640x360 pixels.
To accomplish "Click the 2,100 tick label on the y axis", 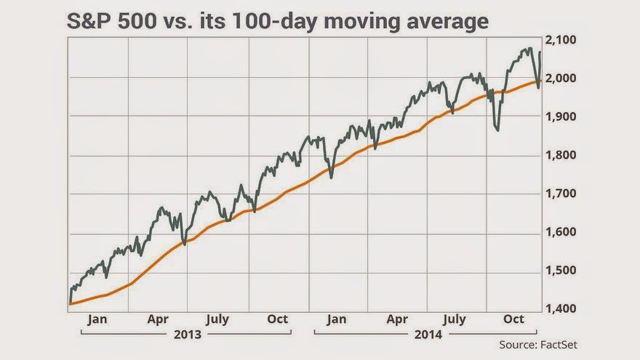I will coord(563,40).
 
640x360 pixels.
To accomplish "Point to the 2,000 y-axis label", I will coord(563,79).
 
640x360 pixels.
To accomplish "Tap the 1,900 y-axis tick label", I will coord(563,117).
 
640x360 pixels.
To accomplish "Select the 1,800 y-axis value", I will coord(563,156).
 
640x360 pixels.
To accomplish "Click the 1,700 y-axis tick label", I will coord(563,194).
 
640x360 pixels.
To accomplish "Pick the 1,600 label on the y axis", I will coord(563,233).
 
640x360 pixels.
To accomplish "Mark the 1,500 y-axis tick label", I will coord(563,271).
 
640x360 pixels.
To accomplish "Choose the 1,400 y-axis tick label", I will coord(563,310).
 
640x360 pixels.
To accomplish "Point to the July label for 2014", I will coord(455,319).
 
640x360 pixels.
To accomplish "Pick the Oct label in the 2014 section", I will coord(514,319).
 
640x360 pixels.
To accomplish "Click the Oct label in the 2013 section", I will coord(278,319).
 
